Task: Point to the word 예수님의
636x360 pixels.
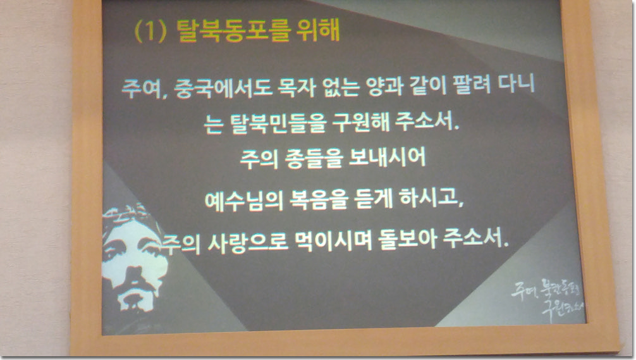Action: click(243, 201)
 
